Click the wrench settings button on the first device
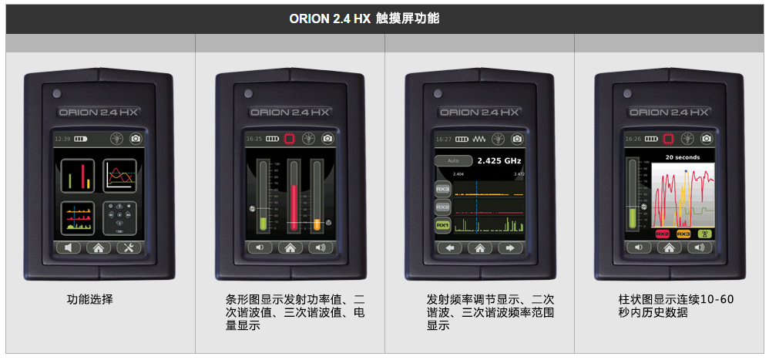coord(126,247)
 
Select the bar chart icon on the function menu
coord(78,175)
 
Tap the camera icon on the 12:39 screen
coord(136,139)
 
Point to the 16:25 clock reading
coord(254,139)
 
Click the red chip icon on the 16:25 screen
coord(289,139)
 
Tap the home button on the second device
coord(290,247)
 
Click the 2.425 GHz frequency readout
coord(499,161)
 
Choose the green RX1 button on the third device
coord(442,225)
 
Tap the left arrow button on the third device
coord(452,247)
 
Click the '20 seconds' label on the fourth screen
coord(683,156)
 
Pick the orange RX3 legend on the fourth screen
coord(683,233)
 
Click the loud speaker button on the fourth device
coord(698,247)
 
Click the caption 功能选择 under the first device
coord(89,299)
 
